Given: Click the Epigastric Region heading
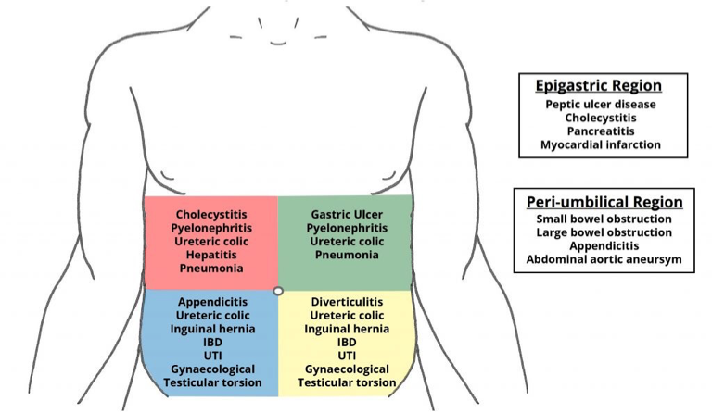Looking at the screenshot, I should (599, 86).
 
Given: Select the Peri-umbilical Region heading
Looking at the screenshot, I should (604, 202).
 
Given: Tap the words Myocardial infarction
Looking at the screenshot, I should (601, 144).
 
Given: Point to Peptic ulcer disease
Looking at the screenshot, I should (601, 105).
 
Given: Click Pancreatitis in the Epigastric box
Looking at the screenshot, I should (601, 131).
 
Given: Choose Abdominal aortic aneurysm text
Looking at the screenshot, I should (604, 260).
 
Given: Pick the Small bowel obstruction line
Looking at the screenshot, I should (604, 219).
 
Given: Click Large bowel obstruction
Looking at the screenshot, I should (604, 232).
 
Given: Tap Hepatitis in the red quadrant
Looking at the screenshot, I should (210, 254).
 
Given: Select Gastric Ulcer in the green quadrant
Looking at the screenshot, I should (345, 213).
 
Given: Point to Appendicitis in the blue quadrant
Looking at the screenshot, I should (210, 302).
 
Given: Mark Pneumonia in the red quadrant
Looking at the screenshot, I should (210, 268).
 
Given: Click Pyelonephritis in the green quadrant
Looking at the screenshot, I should (345, 227).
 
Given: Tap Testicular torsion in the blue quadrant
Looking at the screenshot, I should (210, 382).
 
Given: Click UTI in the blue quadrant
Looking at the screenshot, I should (210, 356).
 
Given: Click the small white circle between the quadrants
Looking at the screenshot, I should (277, 291).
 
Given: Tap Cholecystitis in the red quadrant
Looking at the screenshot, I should (210, 213).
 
